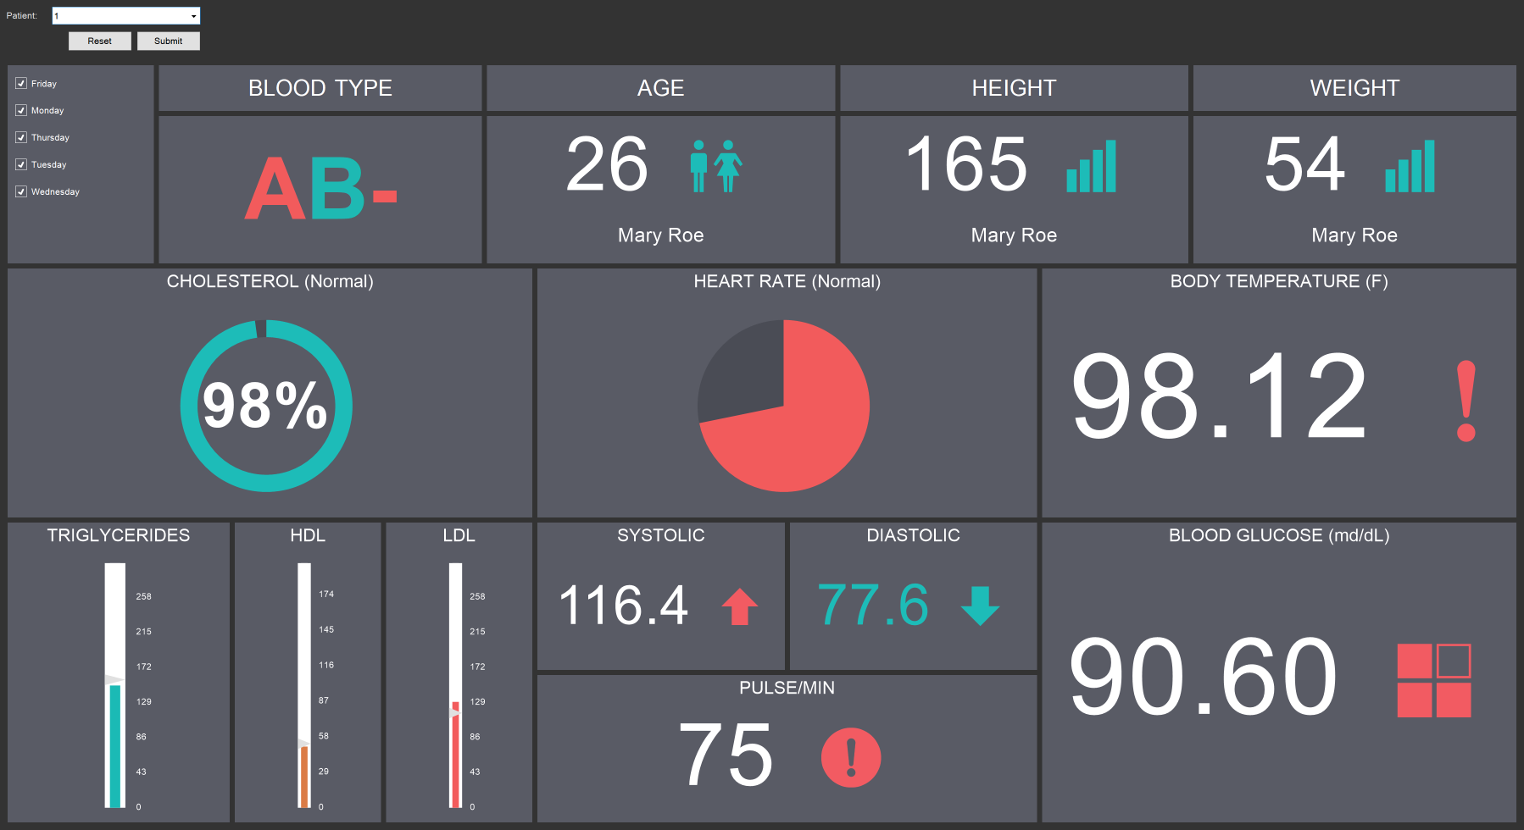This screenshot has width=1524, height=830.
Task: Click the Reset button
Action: point(99,41)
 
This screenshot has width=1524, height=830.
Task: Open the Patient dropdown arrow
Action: point(193,16)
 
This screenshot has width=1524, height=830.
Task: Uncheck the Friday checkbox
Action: point(21,84)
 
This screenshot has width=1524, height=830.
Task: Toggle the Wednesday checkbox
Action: point(21,191)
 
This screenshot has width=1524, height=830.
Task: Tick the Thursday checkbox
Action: point(21,137)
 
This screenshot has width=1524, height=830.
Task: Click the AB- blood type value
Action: point(320,189)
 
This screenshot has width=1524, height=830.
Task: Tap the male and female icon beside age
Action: point(715,166)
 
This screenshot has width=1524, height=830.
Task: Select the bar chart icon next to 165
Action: point(1091,167)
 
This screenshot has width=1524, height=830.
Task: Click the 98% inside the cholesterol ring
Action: point(265,406)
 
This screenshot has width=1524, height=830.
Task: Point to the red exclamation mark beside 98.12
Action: point(1466,401)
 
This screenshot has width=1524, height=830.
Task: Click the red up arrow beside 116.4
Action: point(739,606)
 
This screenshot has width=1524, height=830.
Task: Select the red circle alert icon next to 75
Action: point(850,757)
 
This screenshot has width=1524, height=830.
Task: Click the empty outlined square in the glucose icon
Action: point(1454,661)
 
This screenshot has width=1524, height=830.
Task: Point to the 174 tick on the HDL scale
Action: point(325,595)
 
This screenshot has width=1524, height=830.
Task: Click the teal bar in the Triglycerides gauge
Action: point(114,745)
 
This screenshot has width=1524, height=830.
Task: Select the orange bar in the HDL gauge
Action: point(303,776)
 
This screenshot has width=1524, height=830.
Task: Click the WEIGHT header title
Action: point(1354,88)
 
